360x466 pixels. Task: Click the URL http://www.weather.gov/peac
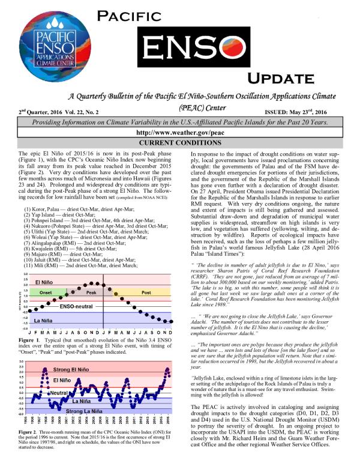[x=180, y=132]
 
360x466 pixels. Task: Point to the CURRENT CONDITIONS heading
[x=180, y=144]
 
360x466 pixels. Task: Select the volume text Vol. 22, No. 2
[x=80, y=112]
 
